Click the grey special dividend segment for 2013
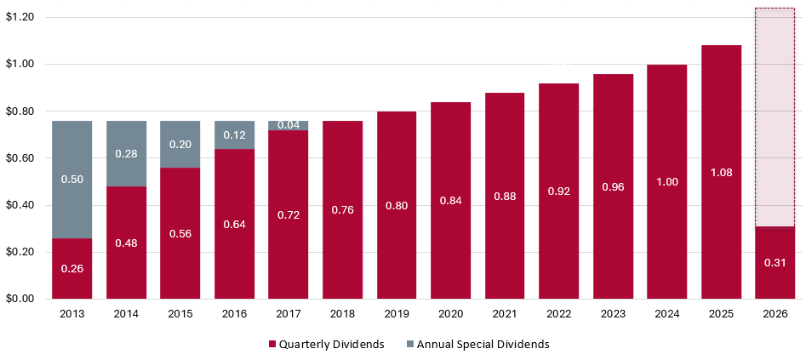click(71, 180)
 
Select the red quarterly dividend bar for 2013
click(71, 268)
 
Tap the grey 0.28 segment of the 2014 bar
click(126, 154)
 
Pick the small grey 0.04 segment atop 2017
click(288, 125)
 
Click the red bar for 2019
click(397, 205)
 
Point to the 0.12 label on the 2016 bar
click(234, 134)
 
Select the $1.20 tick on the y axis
click(19, 17)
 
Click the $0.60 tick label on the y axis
click(19, 158)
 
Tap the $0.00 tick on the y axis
click(19, 299)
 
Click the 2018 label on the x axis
click(342, 314)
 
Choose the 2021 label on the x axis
click(505, 314)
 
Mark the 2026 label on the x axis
click(775, 314)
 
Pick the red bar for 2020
click(450, 201)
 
